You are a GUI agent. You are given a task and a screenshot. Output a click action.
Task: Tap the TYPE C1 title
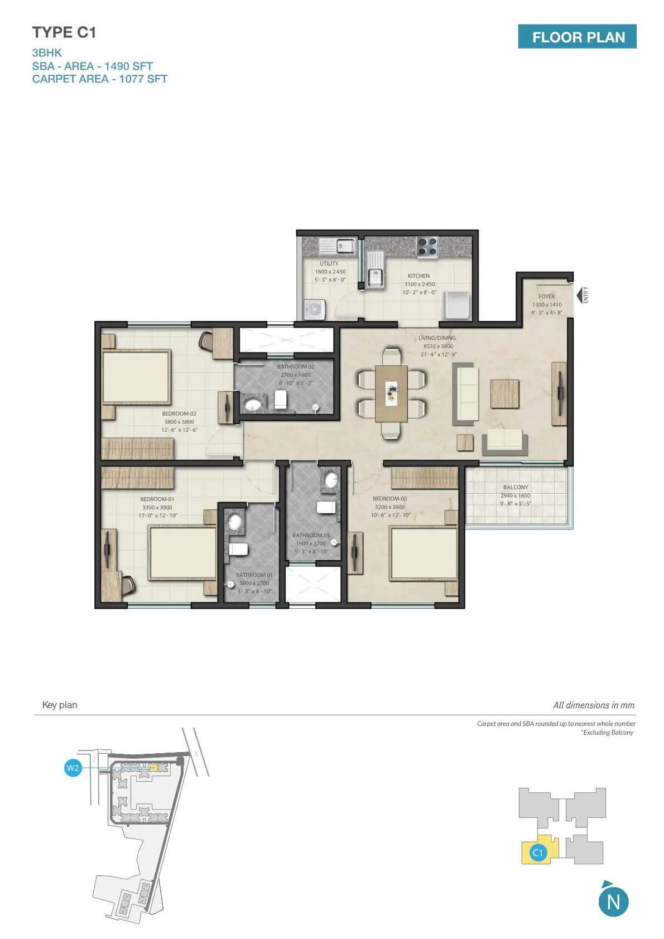tap(64, 33)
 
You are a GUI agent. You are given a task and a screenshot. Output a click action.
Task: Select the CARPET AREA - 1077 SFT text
tap(99, 79)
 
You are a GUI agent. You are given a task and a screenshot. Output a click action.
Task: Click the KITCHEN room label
tap(418, 276)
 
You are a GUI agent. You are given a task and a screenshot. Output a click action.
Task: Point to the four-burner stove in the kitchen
tap(427, 247)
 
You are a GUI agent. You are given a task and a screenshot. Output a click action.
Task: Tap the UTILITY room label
tap(329, 263)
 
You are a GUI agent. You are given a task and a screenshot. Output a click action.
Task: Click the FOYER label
tap(546, 297)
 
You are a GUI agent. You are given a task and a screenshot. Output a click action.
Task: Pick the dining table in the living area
tap(391, 393)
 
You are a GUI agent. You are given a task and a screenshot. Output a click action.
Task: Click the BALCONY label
tap(515, 487)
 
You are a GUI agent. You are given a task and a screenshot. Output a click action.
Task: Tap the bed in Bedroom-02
tap(136, 377)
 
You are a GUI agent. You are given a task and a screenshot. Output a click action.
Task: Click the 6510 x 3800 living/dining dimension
tap(438, 346)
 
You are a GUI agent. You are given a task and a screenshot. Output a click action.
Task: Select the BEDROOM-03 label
tap(389, 499)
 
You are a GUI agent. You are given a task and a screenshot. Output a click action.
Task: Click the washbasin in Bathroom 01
tap(235, 522)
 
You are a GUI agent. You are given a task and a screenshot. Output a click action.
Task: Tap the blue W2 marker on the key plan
tap(73, 768)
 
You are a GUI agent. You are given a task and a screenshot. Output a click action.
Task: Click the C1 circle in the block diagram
tap(537, 853)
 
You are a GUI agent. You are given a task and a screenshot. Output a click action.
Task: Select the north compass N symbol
tap(613, 902)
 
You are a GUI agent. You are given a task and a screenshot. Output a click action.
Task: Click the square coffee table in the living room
tap(504, 393)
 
